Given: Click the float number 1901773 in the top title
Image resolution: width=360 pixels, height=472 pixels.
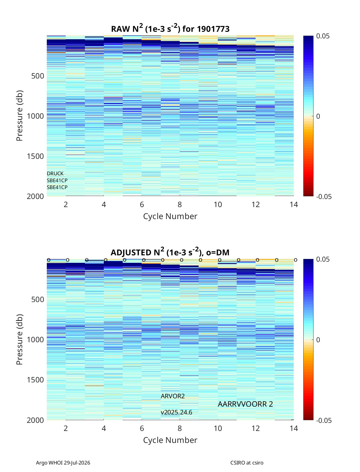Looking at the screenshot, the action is click(x=213, y=29).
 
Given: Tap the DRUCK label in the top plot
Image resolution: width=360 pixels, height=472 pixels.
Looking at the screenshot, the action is click(x=55, y=174).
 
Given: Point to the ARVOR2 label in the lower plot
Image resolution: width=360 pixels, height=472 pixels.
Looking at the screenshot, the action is click(x=172, y=396).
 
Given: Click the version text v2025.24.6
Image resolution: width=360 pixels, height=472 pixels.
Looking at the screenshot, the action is click(x=176, y=412).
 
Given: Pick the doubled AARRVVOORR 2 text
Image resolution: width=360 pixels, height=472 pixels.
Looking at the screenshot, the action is click(x=245, y=404).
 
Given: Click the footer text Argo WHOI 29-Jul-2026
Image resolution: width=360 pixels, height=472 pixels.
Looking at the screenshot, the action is click(x=63, y=462).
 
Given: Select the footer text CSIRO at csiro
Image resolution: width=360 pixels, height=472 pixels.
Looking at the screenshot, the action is click(x=247, y=462).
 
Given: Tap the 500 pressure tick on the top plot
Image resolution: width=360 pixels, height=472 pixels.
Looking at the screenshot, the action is click(x=38, y=76).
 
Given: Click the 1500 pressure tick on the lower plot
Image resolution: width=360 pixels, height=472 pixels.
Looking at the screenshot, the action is click(x=35, y=380).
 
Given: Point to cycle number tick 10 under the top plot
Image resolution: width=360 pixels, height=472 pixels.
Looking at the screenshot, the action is click(x=218, y=204).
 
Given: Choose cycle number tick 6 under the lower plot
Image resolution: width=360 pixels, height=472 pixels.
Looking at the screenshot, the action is click(x=142, y=428).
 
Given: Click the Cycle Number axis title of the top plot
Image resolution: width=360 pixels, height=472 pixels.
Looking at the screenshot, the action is click(x=170, y=216).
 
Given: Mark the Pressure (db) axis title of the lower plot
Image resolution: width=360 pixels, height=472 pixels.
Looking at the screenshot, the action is click(x=19, y=340).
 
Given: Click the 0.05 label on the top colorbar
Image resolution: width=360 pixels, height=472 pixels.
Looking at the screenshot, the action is click(x=323, y=36).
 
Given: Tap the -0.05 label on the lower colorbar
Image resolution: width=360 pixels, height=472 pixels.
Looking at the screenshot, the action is click(x=324, y=420).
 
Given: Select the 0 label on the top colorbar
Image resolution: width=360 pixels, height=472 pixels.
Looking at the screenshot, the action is click(x=318, y=116).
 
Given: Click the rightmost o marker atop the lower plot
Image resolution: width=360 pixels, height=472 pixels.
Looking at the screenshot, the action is click(x=296, y=260).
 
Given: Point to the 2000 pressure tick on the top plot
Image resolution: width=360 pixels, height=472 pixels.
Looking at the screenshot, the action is click(x=35, y=196).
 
